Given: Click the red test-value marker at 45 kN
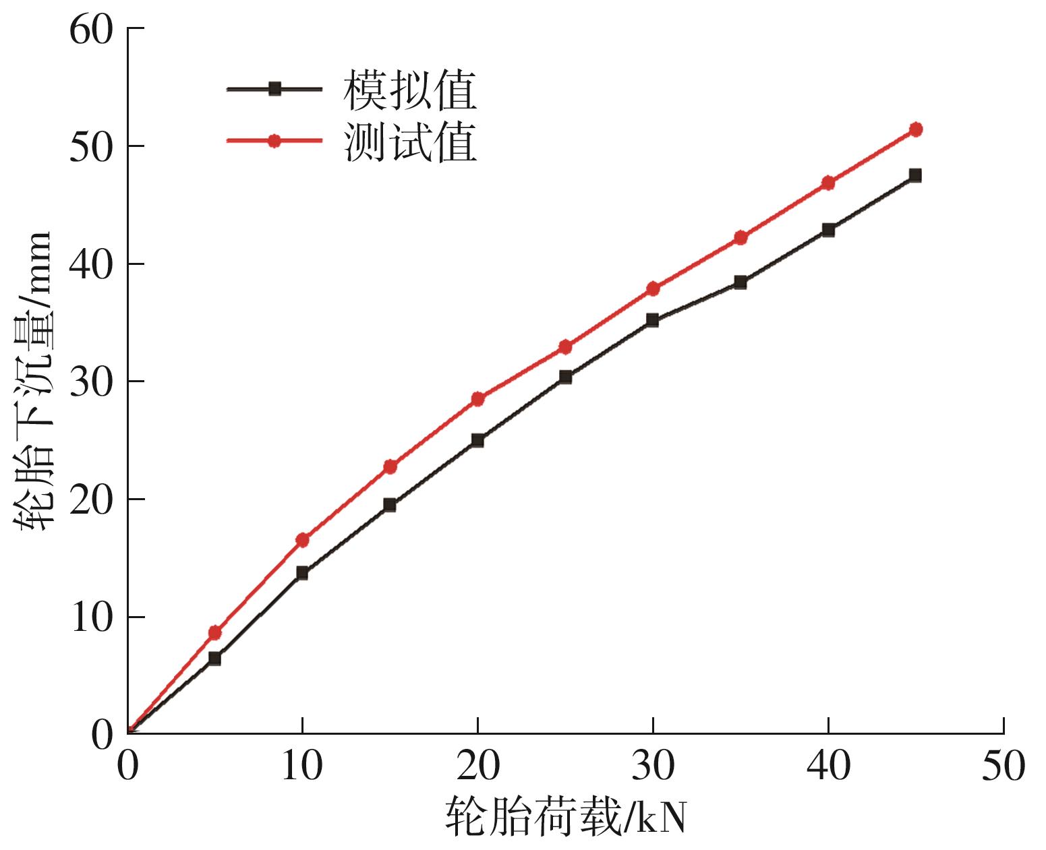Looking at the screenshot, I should [915, 129].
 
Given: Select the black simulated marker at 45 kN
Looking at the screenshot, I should [915, 175].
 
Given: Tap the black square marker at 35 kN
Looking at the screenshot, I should [740, 282].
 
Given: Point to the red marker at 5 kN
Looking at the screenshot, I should [214, 632].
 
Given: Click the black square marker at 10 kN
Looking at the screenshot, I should [302, 573].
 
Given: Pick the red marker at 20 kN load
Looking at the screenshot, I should [477, 398].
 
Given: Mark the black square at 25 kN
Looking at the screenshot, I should [565, 377].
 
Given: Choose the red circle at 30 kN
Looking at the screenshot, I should [653, 289].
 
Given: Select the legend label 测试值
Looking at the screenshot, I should [410, 142].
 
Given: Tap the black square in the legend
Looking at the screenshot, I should [274, 88].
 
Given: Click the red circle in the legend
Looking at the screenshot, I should [274, 141].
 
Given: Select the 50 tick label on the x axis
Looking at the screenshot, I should [1003, 766].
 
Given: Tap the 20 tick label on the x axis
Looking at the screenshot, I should [477, 766].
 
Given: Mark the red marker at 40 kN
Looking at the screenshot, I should [828, 183].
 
